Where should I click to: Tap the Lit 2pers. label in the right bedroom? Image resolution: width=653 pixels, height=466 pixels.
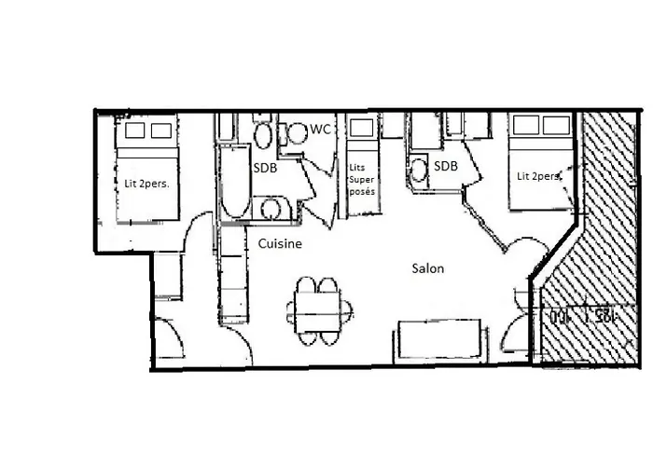[540, 175]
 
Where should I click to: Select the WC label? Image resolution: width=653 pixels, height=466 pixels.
[321, 129]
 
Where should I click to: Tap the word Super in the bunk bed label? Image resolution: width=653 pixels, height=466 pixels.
[359, 178]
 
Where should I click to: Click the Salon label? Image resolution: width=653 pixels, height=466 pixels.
[428, 268]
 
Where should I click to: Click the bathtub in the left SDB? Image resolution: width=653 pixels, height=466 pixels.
[231, 182]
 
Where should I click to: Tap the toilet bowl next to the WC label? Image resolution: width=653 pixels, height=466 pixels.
[297, 133]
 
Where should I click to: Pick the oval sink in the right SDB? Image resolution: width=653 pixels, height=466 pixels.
[420, 170]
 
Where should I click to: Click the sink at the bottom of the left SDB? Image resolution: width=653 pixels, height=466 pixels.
[272, 207]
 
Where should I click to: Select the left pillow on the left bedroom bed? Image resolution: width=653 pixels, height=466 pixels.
[135, 129]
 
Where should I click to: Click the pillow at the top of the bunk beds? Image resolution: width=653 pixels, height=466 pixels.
[359, 128]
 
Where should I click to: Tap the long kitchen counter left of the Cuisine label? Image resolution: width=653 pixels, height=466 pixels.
[233, 280]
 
